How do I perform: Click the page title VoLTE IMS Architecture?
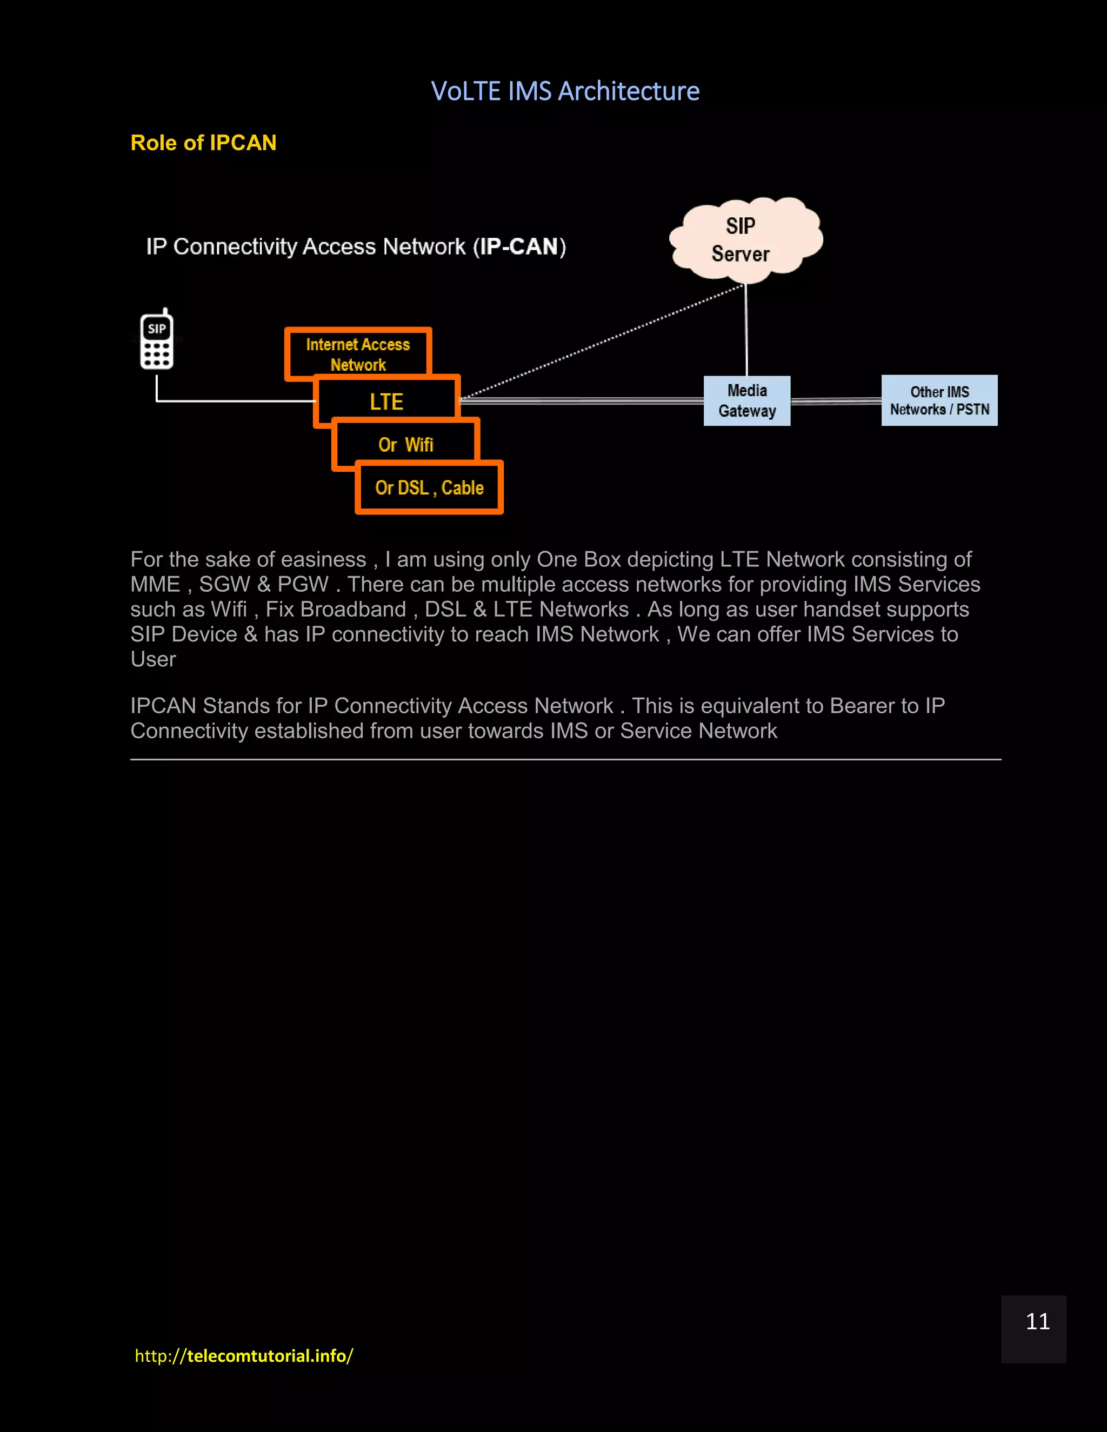(565, 91)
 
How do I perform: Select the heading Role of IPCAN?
(203, 143)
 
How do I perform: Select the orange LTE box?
(386, 402)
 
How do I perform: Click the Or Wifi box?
(406, 445)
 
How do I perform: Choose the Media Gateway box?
(747, 400)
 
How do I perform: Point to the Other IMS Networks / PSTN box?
(939, 400)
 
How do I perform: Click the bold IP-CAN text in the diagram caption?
(519, 246)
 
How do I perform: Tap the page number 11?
(1037, 1321)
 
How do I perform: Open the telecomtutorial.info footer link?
(244, 1355)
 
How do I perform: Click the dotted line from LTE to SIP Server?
(603, 341)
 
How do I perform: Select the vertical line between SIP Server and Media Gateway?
(746, 331)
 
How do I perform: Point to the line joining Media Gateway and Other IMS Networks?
(836, 400)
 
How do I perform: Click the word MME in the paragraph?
(155, 584)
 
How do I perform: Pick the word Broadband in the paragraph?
(353, 609)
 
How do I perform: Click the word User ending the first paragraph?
(153, 659)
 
